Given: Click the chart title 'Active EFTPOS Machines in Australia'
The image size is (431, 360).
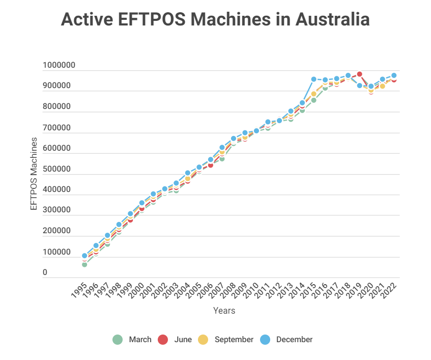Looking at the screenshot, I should click(215, 20).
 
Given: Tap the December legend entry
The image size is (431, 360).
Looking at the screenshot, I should click(287, 340).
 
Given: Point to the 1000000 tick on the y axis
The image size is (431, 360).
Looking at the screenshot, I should click(59, 65).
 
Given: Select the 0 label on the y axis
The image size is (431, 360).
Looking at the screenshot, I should click(45, 273).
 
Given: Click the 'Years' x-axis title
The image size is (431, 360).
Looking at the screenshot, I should click(224, 310).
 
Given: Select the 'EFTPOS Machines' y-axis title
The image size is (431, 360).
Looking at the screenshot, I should click(34, 173).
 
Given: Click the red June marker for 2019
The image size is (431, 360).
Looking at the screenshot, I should click(359, 74).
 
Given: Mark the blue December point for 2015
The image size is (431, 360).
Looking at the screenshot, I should click(313, 79).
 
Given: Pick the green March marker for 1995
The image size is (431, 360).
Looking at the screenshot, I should click(84, 265).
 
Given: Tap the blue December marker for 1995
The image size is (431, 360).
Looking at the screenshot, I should click(84, 256).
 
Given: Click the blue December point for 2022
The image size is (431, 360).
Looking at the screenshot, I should click(394, 75).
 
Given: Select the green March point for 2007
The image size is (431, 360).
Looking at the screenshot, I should click(222, 159).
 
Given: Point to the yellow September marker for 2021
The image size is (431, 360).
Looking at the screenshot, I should click(382, 86).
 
